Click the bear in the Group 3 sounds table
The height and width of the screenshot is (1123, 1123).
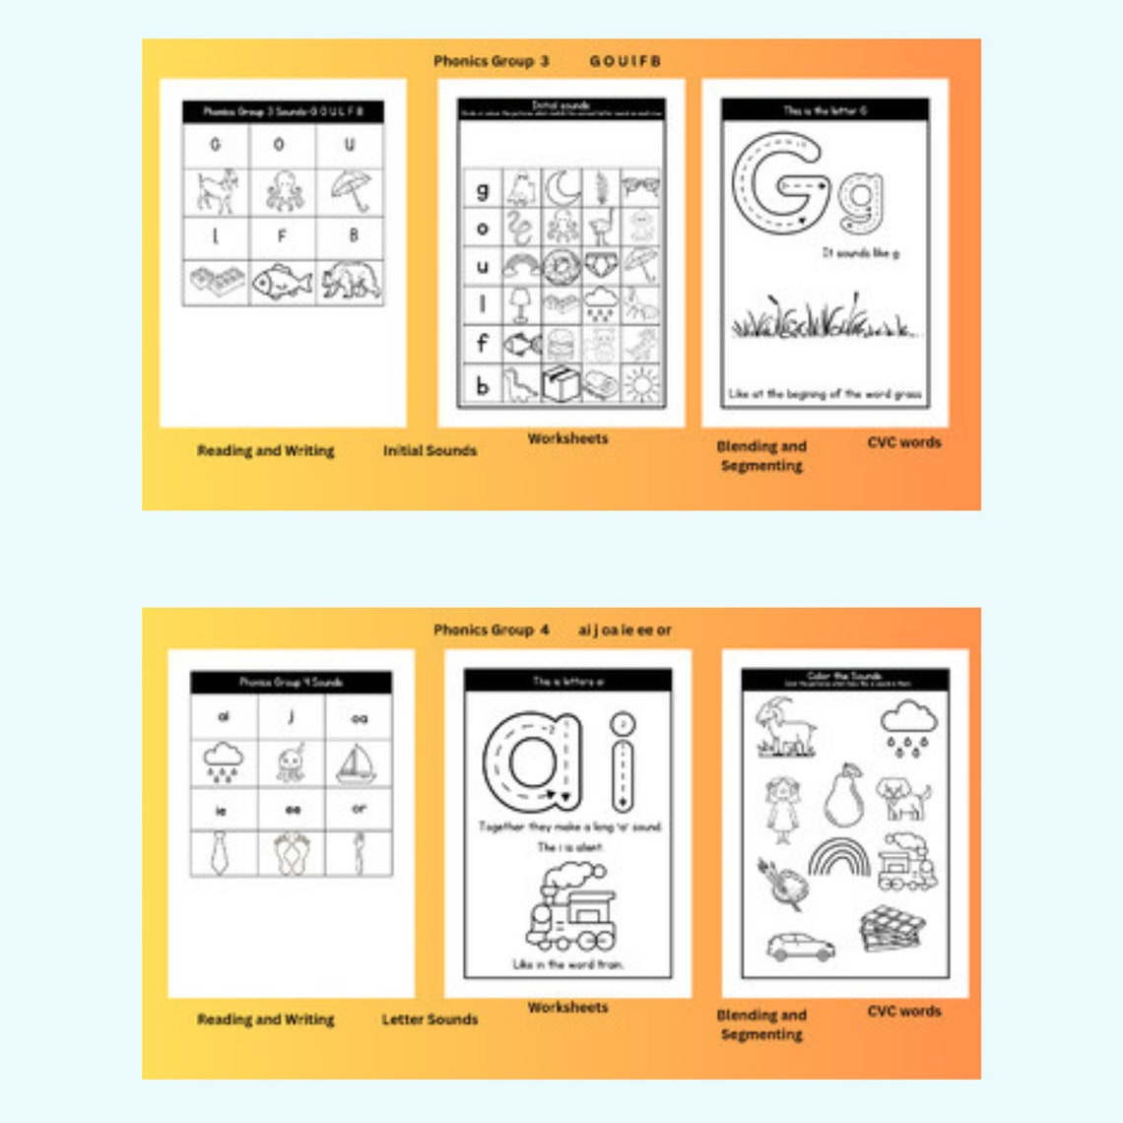(350, 281)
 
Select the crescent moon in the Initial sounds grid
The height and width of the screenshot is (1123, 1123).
(561, 186)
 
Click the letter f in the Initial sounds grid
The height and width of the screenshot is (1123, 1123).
(482, 344)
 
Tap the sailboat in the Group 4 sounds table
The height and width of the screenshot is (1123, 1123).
(358, 763)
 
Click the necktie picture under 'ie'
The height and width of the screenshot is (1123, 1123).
(223, 853)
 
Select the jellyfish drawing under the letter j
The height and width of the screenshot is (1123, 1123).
(291, 763)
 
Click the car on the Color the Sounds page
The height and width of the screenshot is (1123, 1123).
(800, 947)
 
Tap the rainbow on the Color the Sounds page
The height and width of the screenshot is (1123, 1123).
(839, 857)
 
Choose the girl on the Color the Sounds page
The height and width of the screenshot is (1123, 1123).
(782, 808)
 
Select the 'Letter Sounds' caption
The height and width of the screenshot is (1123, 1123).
(429, 1020)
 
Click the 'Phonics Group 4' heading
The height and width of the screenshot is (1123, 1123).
(491, 629)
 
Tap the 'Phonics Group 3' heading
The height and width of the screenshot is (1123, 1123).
(491, 61)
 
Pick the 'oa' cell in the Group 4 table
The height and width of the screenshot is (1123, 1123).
(359, 718)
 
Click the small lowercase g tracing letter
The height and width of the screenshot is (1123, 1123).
(860, 200)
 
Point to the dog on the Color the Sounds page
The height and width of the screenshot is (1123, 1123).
(903, 798)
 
